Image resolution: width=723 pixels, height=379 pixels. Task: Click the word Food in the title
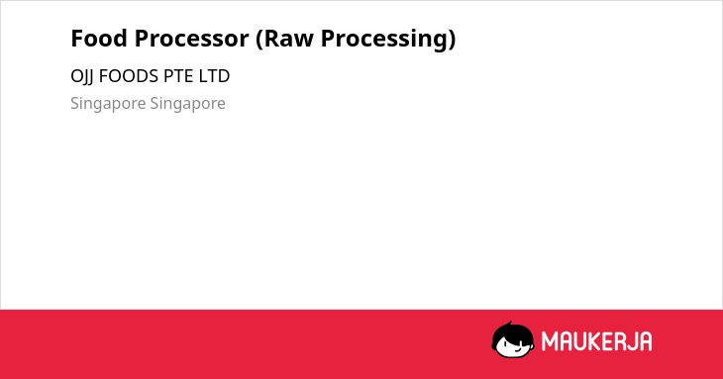coord(99,39)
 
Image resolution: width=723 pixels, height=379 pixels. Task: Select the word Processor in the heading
coord(191,39)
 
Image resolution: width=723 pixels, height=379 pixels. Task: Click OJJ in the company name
coord(82,77)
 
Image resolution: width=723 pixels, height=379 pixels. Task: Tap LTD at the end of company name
coord(214,76)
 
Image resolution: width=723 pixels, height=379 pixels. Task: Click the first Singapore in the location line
coord(108,104)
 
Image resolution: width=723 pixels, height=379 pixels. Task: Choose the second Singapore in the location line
coord(187,104)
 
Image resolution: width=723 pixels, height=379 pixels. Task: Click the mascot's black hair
coord(512,332)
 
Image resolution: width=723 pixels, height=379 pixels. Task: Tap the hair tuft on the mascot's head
coord(509,324)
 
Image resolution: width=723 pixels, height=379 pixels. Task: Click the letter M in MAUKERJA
coord(550,341)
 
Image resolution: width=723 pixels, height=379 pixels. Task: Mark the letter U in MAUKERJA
coord(579,341)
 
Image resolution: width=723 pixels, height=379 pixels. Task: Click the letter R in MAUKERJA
coord(620,341)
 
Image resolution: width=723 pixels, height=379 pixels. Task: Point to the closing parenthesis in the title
coord(452,40)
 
